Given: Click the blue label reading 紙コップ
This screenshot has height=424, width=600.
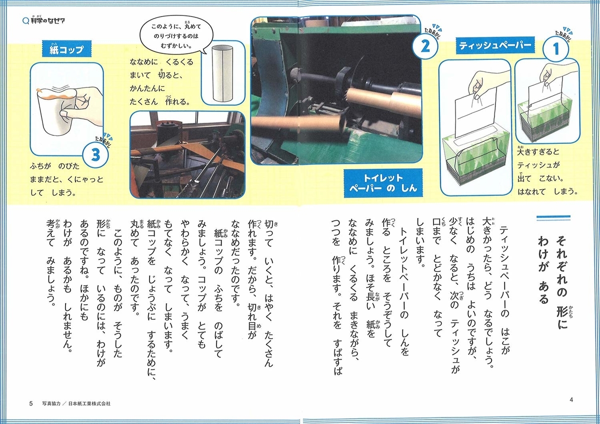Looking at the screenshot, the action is (x=66, y=49).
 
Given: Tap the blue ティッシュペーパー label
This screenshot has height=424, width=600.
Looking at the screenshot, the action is (x=495, y=45).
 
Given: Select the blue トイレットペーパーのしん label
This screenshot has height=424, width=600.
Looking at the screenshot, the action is (x=383, y=183).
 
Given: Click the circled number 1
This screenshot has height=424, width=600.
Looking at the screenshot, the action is (x=556, y=49).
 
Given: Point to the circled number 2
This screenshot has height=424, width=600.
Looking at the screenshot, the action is (x=425, y=46).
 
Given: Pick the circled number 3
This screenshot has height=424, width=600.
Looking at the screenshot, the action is (x=95, y=155).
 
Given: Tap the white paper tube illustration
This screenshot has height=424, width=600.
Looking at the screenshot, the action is (x=222, y=73).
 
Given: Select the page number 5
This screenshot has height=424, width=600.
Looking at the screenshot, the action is (x=31, y=404).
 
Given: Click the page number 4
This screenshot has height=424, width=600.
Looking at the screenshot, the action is (x=571, y=400).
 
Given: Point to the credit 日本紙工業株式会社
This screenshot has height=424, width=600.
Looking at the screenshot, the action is (x=89, y=404).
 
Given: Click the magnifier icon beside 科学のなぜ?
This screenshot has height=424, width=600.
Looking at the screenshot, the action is (x=25, y=21).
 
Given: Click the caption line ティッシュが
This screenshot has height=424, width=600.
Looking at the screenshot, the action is (x=538, y=165).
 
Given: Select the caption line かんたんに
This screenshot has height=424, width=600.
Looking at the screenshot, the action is (x=147, y=88).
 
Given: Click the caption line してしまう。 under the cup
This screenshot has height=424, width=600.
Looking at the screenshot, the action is (x=53, y=193).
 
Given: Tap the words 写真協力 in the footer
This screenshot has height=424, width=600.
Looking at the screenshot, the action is (x=51, y=404).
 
